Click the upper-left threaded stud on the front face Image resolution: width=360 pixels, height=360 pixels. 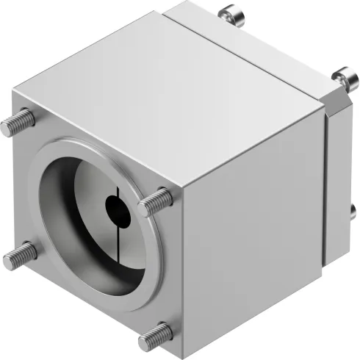pyautogui.click(x=19, y=123)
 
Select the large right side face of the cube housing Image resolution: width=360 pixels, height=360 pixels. pyautogui.click(x=250, y=235)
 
